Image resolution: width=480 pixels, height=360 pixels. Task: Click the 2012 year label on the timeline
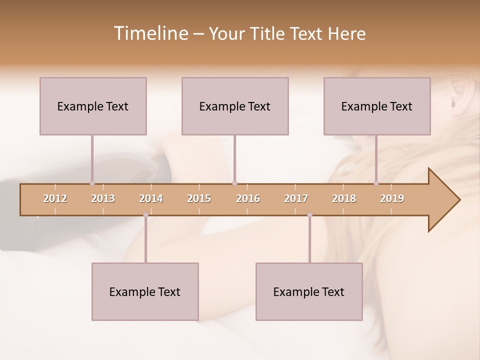[55, 198]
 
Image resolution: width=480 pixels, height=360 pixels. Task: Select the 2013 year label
[103, 198]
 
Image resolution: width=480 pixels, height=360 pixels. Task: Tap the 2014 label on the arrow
[151, 198]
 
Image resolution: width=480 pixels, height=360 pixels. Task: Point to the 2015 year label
[199, 198]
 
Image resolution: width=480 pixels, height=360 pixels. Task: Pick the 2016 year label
[248, 198]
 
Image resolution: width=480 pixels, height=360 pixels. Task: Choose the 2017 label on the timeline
[296, 198]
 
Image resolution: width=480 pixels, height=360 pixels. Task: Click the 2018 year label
[344, 198]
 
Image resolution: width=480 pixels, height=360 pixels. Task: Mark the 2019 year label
[392, 198]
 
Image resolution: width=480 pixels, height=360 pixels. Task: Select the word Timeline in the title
[150, 33]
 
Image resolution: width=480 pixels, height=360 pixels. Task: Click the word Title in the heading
[268, 33]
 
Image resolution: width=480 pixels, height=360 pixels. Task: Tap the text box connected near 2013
[93, 106]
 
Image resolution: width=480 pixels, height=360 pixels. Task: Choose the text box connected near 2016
[235, 106]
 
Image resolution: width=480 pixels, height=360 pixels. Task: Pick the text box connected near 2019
[377, 106]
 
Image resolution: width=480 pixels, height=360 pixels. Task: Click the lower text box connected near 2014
[145, 291]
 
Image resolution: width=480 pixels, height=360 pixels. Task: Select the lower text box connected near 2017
[309, 291]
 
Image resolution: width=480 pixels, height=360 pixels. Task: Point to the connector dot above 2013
[92, 183]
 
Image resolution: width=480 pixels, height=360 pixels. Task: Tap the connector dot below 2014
[145, 215]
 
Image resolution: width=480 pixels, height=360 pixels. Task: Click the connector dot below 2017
[309, 215]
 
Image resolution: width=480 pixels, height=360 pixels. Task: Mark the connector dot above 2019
[376, 183]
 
